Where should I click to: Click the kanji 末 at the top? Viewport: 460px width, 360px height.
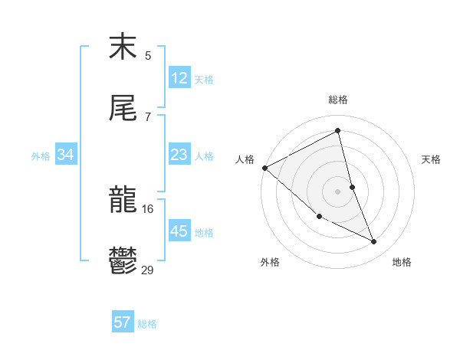point(123,47)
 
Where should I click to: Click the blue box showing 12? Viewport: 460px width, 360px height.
point(179,78)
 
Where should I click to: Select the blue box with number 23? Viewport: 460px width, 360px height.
point(179,155)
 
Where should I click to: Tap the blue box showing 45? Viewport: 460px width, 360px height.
point(179,231)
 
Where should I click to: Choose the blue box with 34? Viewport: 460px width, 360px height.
point(66,155)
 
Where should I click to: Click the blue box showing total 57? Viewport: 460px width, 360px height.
point(123,322)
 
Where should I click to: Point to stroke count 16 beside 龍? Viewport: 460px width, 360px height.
point(148,208)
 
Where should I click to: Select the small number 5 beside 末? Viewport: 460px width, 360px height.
point(148,55)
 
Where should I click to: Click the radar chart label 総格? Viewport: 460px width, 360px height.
point(338,100)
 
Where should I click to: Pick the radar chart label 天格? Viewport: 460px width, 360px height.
point(431,159)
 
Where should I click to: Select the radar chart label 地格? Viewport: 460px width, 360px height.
point(402,262)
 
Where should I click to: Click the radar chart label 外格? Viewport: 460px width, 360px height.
point(270,262)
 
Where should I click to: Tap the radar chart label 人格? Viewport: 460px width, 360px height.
point(245,159)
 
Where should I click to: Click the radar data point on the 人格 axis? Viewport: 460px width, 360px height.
point(264,168)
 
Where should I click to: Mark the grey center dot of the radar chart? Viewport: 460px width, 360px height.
point(338,191)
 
